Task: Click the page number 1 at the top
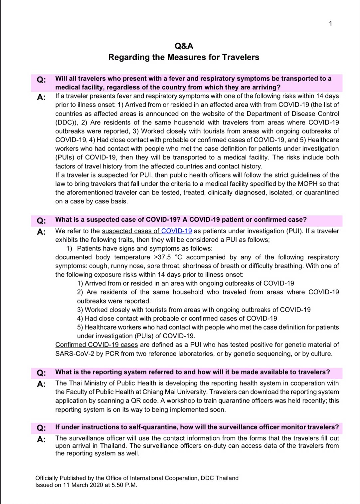coord(330,23)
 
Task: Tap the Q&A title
coord(184,46)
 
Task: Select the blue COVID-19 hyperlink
coord(176,231)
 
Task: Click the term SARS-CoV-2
coord(75,354)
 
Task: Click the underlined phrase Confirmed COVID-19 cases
coord(96,345)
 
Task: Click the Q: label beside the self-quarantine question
coord(41,428)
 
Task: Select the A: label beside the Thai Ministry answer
coord(41,384)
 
